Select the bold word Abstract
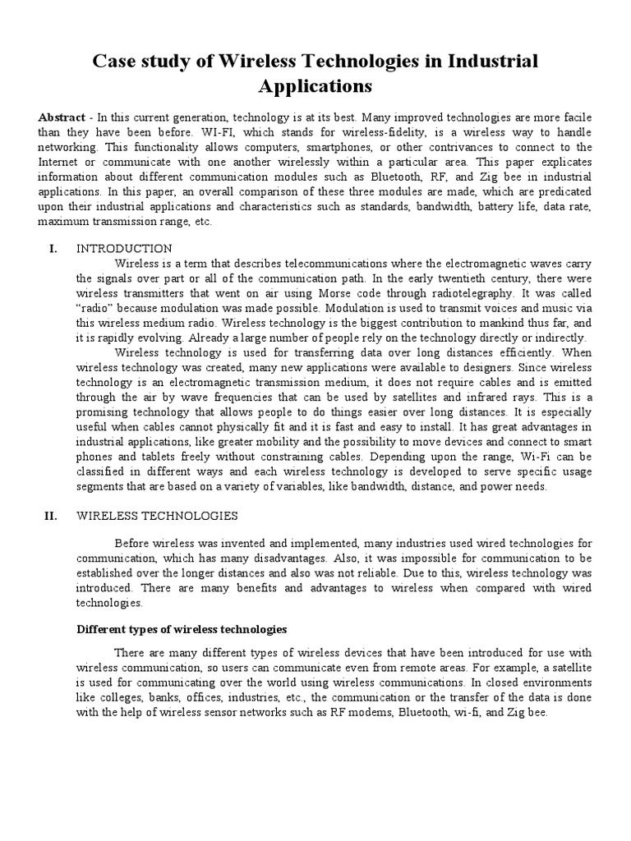(x=62, y=117)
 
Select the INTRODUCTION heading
(x=124, y=249)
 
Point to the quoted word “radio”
(x=95, y=308)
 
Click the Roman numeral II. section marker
(x=51, y=516)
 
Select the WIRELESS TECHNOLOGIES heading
(x=157, y=516)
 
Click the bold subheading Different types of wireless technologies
(x=182, y=629)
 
